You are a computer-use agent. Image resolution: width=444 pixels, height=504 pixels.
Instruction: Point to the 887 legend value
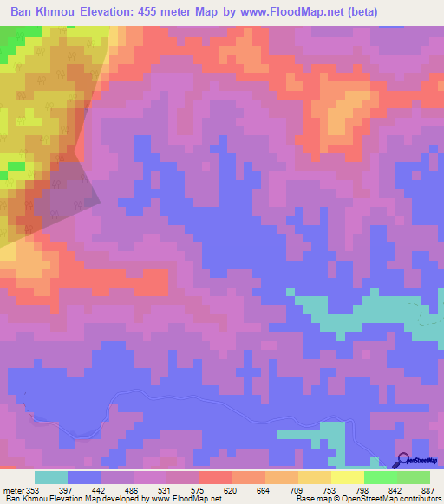pyautogui.click(x=427, y=490)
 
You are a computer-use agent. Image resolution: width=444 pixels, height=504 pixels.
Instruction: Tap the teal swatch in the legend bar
pyautogui.click(x=51, y=477)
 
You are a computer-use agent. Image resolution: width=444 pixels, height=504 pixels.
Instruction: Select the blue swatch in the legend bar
pyautogui.click(x=84, y=477)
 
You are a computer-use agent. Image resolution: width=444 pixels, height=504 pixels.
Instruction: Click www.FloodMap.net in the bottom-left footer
pyautogui.click(x=180, y=500)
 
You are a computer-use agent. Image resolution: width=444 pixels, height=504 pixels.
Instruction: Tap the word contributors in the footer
pyautogui.click(x=418, y=500)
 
